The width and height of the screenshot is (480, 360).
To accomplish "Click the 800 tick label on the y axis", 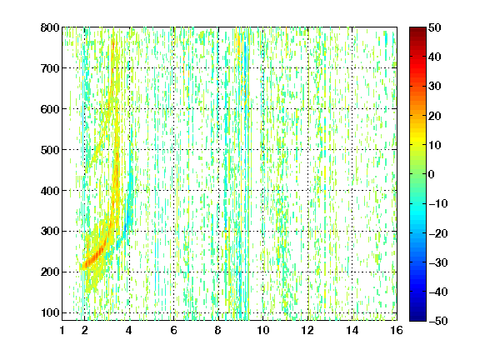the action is coord(50,27).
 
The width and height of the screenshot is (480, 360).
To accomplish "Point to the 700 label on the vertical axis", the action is coord(50,68).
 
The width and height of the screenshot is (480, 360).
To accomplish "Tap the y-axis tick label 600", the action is coord(50,109).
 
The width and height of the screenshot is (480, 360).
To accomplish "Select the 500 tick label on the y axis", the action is coord(50,150).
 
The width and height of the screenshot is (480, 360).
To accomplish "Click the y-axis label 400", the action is coord(50,191).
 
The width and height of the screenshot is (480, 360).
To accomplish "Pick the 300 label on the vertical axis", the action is coord(50,231).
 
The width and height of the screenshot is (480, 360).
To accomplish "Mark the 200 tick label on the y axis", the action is coord(50,272).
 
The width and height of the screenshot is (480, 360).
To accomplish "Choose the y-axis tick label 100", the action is coord(50,312).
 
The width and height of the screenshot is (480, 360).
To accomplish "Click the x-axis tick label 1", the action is coord(62,330).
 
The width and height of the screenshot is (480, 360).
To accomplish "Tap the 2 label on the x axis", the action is coord(85,330).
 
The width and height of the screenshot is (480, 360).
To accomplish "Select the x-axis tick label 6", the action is coord(173,330).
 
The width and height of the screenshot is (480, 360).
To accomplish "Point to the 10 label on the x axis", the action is coord(263,330).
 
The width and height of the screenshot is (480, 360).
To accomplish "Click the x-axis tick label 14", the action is coord(352,330).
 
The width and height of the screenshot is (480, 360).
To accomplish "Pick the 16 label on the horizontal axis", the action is coord(397,330).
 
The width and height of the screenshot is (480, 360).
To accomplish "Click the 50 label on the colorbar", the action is coord(434,27).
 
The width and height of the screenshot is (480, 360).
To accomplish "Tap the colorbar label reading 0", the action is coord(432,174).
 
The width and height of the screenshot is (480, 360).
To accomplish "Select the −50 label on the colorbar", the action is coord(438,321).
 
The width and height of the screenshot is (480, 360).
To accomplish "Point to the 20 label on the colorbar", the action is coord(434,116).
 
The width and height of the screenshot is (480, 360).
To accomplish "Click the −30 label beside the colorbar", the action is coord(438,262).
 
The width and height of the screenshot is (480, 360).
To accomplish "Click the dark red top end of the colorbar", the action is coord(417,29).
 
